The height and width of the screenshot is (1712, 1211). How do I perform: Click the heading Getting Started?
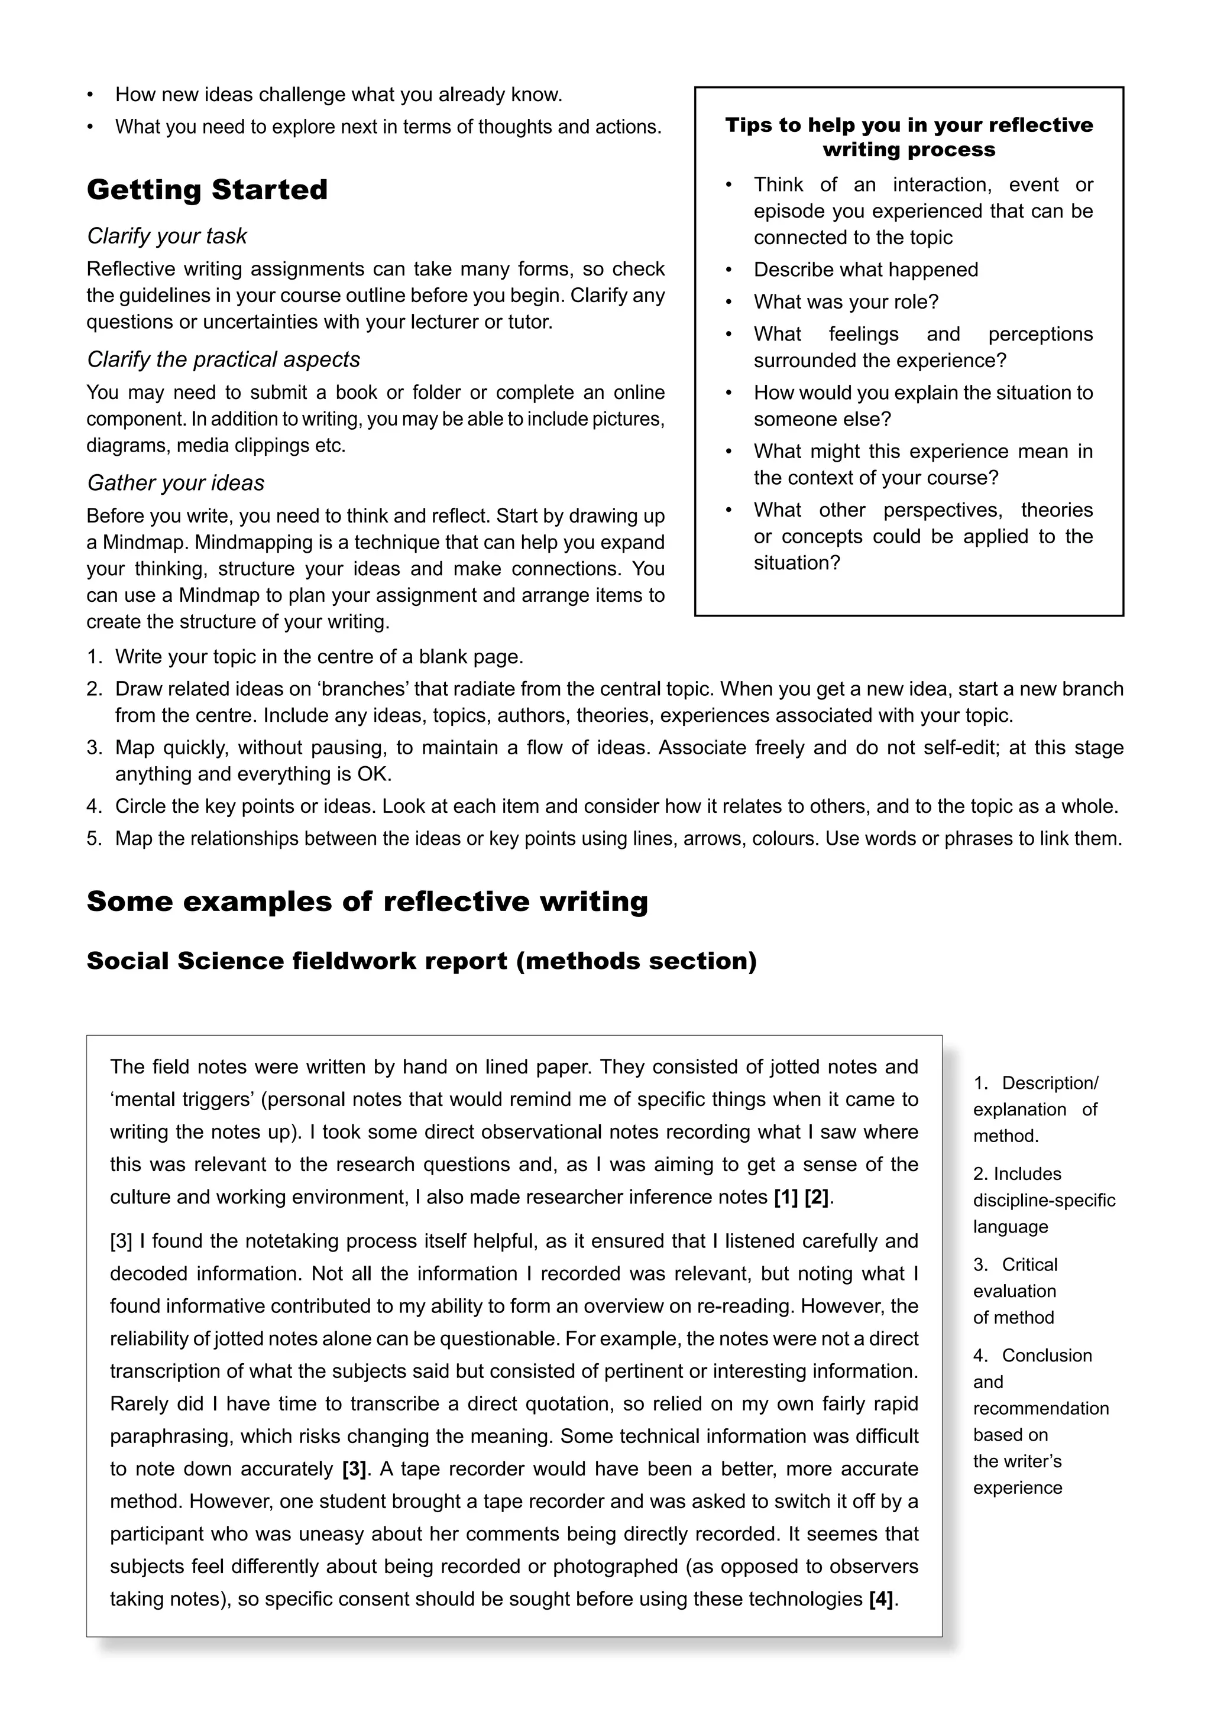pos(208,189)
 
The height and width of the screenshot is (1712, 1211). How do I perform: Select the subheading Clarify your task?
pos(166,236)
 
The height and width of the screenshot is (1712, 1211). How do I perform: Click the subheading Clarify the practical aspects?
pos(223,359)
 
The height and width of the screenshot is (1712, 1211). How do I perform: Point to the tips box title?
pos(908,137)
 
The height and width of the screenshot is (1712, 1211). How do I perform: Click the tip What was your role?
pos(846,302)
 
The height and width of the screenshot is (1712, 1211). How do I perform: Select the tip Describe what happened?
pos(865,270)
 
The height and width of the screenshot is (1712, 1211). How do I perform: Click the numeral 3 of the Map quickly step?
pos(93,748)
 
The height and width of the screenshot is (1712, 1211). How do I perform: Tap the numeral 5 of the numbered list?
pos(93,839)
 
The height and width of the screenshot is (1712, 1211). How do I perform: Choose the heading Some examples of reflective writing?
pos(367,902)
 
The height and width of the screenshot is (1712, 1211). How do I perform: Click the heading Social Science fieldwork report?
pos(422,961)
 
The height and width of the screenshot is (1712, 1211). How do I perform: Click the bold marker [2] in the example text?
pos(817,1198)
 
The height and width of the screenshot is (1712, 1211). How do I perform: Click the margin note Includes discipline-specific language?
pos(1043,1201)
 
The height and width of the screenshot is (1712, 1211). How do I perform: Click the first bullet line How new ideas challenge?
pos(338,95)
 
